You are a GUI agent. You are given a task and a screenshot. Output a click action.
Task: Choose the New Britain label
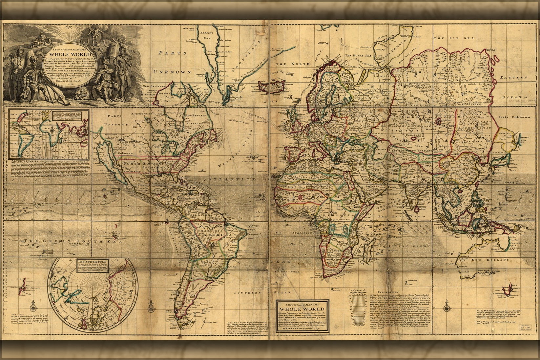[196, 115]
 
